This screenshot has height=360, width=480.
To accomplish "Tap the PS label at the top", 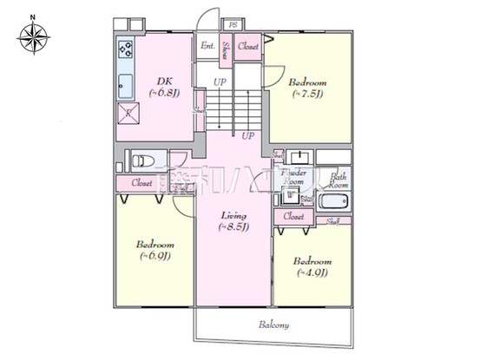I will click(232, 25).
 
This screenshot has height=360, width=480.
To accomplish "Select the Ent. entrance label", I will click(208, 45).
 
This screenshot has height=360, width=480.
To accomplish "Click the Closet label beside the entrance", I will click(248, 45).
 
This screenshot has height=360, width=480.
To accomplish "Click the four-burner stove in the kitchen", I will click(125, 49).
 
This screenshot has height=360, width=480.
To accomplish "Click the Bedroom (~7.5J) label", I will click(307, 88).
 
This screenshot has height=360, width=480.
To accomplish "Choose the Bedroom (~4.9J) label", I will click(312, 266).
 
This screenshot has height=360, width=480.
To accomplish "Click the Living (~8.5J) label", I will click(233, 221).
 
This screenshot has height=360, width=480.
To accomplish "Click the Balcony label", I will click(273, 325).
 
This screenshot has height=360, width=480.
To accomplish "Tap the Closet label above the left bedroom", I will click(143, 183).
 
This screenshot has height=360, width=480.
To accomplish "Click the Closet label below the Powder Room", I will click(293, 215).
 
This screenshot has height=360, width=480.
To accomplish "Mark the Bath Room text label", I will click(338, 180).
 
